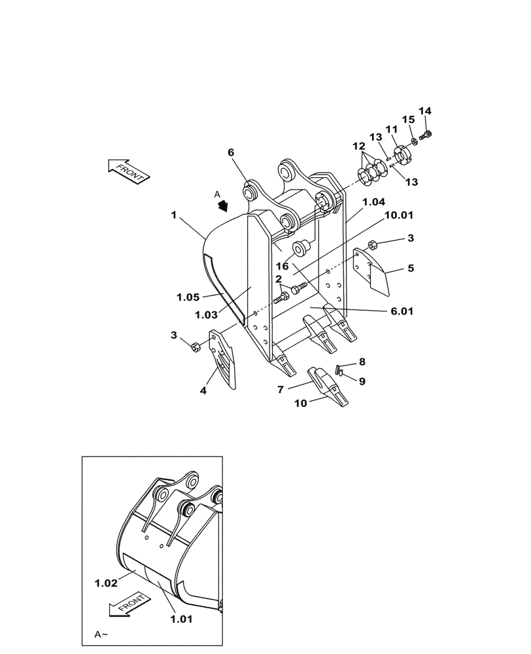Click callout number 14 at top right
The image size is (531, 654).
pyautogui.click(x=424, y=112)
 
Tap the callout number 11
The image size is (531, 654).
pyautogui.click(x=390, y=129)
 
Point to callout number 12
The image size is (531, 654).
pyautogui.click(x=360, y=145)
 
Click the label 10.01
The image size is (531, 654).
pyautogui.click(x=399, y=215)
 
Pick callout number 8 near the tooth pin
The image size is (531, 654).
pyautogui.click(x=362, y=361)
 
